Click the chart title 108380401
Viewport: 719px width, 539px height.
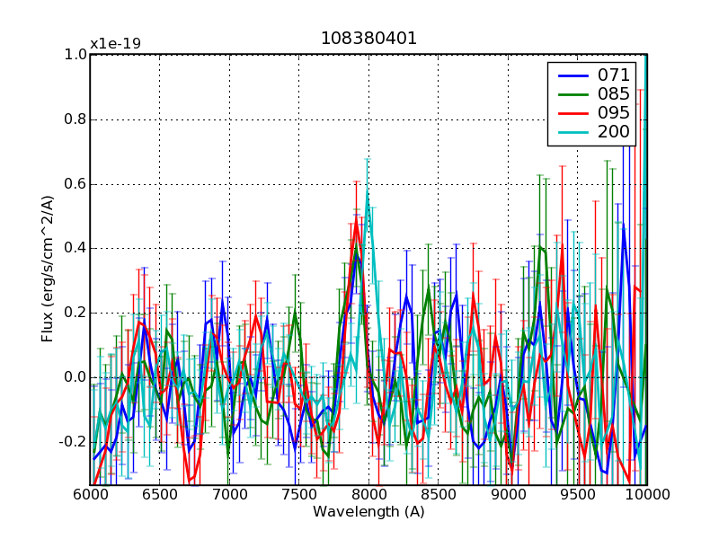pos(368,39)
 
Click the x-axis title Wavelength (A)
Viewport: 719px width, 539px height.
pos(368,512)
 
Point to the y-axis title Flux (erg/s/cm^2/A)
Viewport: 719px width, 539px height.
pos(48,269)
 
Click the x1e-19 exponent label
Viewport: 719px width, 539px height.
pos(115,44)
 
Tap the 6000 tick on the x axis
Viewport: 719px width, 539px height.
pos(90,495)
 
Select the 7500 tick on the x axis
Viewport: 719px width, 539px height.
pos(298,495)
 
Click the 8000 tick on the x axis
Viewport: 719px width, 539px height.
pos(368,495)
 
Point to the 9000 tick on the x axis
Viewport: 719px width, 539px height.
pos(508,495)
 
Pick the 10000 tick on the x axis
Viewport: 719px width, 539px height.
pos(646,495)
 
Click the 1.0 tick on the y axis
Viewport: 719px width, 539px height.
pos(75,55)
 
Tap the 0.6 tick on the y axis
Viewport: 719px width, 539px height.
pos(75,184)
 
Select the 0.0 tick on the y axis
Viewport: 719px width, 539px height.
pos(75,377)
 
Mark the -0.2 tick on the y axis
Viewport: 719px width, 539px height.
pos(73,442)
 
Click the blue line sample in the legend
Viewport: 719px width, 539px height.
pos(571,75)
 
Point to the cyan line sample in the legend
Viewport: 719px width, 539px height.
pos(571,134)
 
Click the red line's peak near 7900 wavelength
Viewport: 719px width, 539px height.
pos(356,223)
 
